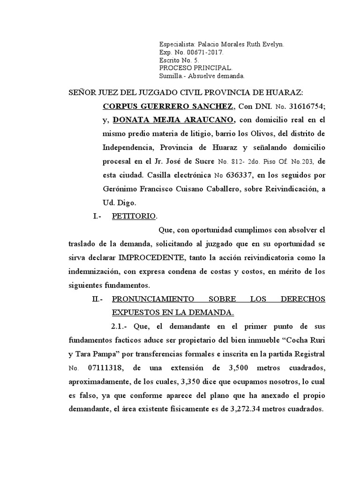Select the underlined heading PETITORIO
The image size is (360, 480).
pyautogui.click(x=135, y=217)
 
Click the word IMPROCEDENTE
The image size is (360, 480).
pyautogui.click(x=151, y=258)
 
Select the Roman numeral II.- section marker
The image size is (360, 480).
pyautogui.click(x=97, y=300)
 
